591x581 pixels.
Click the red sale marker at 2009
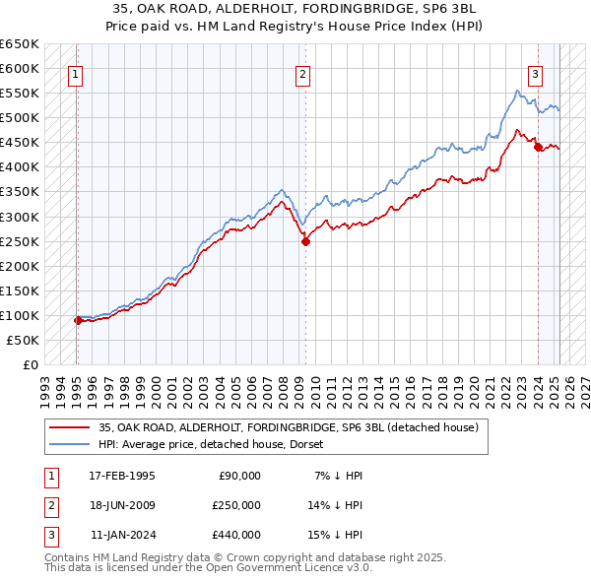point(305,241)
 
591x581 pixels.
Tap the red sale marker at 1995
point(78,320)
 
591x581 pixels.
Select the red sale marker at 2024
point(538,148)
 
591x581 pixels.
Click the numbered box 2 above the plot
point(302,73)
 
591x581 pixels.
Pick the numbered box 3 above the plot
point(535,73)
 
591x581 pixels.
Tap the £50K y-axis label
point(23,340)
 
